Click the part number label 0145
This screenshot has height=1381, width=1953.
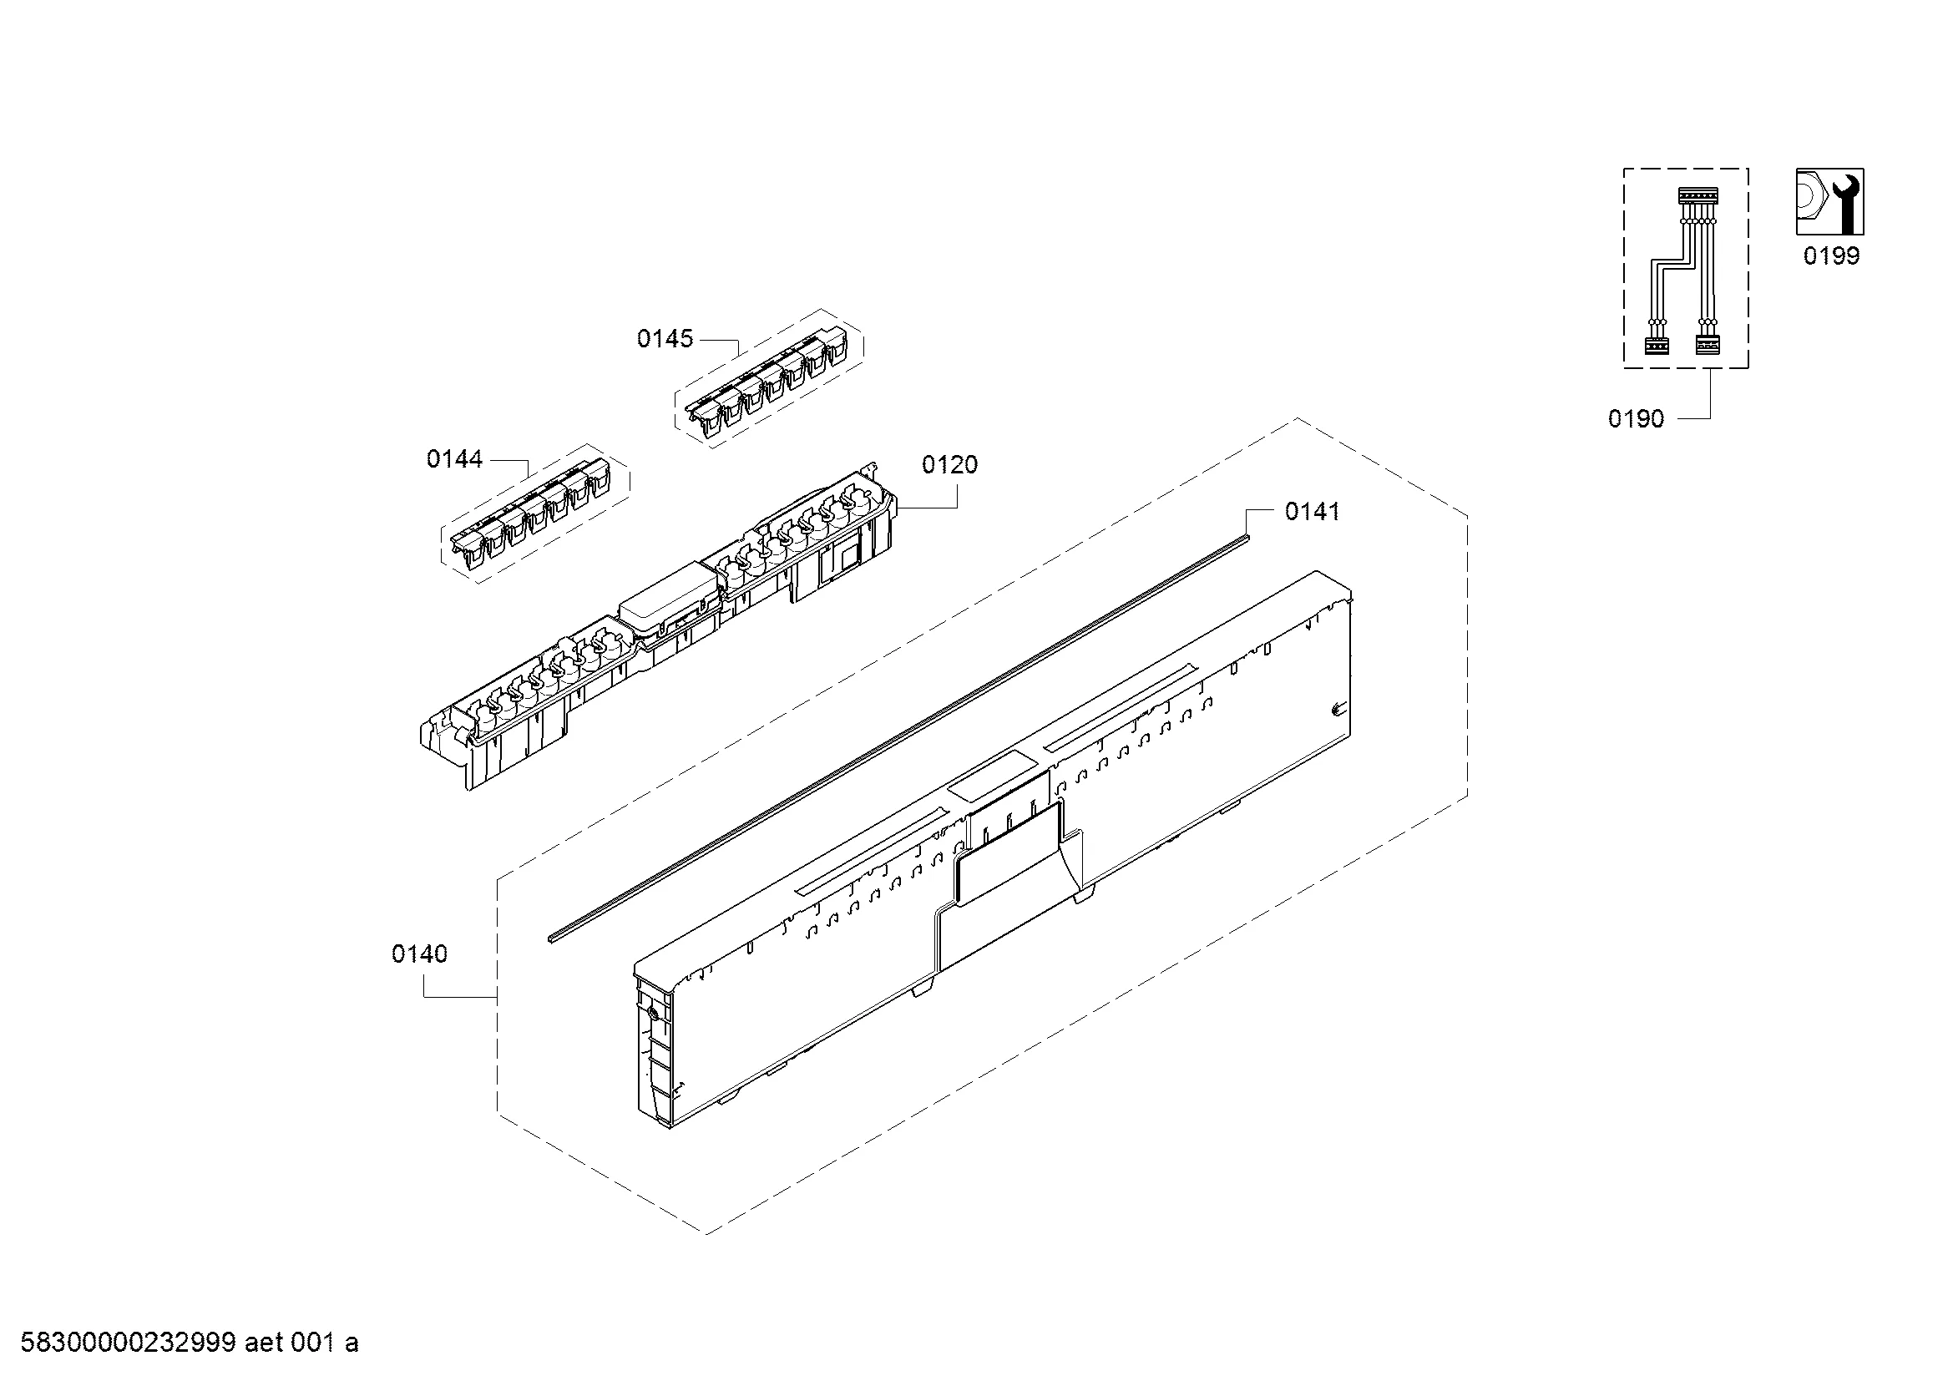(665, 339)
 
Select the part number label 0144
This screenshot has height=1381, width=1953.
(454, 460)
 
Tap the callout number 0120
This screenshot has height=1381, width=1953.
(950, 465)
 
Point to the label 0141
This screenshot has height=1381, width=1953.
(1313, 512)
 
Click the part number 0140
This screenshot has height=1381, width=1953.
(419, 954)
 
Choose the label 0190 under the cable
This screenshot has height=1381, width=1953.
(1636, 418)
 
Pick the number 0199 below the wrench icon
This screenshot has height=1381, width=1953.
(1831, 256)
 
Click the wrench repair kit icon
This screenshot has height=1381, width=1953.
(1829, 201)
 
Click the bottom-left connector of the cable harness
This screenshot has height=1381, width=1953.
(1657, 347)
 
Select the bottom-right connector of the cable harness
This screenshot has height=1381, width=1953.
(1708, 347)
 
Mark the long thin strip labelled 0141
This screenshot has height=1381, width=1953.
(899, 737)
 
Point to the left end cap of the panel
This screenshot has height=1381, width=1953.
(654, 1052)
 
